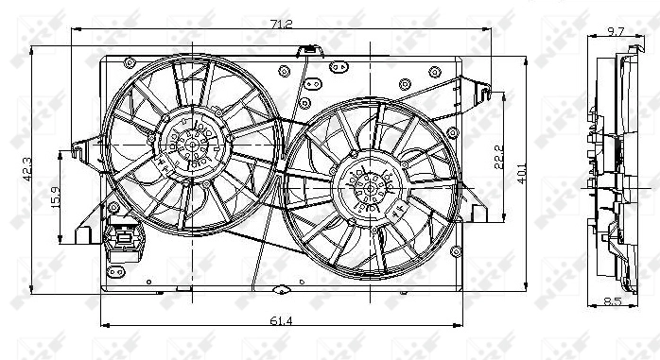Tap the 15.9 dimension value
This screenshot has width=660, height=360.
[x=54, y=200]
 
